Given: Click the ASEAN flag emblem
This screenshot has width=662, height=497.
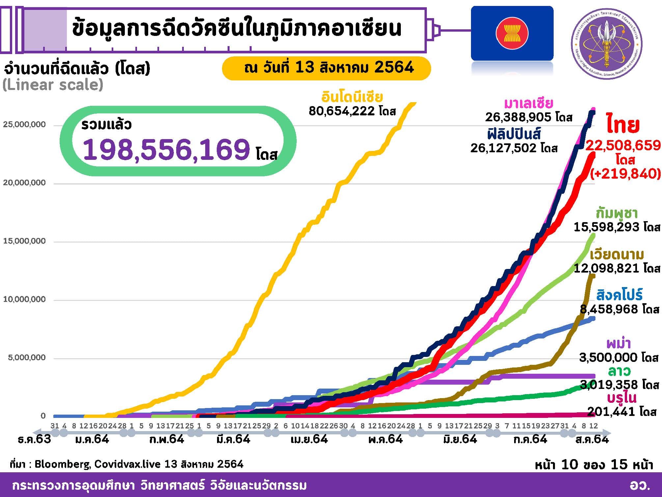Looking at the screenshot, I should click(512, 33).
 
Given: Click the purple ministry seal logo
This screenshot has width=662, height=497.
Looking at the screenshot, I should click(606, 44).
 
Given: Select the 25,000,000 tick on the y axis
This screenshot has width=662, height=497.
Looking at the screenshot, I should click(24, 125).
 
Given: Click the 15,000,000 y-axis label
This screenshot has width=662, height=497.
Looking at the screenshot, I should click(24, 241).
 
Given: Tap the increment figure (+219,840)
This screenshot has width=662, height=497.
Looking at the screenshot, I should click(625, 173).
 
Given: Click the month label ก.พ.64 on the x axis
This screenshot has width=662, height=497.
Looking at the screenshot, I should click(166, 439).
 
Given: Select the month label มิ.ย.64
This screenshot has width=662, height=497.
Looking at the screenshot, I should click(460, 439).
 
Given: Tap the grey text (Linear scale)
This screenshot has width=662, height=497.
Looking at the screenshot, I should click(53, 85).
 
